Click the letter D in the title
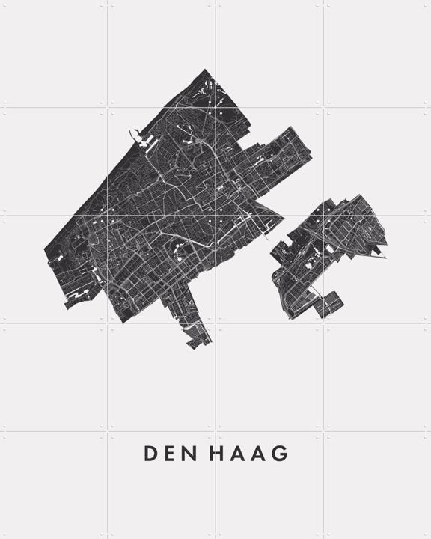point(150,454)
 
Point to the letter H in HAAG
point(218,454)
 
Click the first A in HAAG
point(238,454)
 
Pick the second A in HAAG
point(259,454)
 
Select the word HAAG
point(249,454)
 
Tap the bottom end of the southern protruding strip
point(197,345)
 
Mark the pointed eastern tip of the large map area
point(283,221)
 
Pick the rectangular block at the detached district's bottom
point(330,305)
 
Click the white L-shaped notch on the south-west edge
point(76,299)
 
